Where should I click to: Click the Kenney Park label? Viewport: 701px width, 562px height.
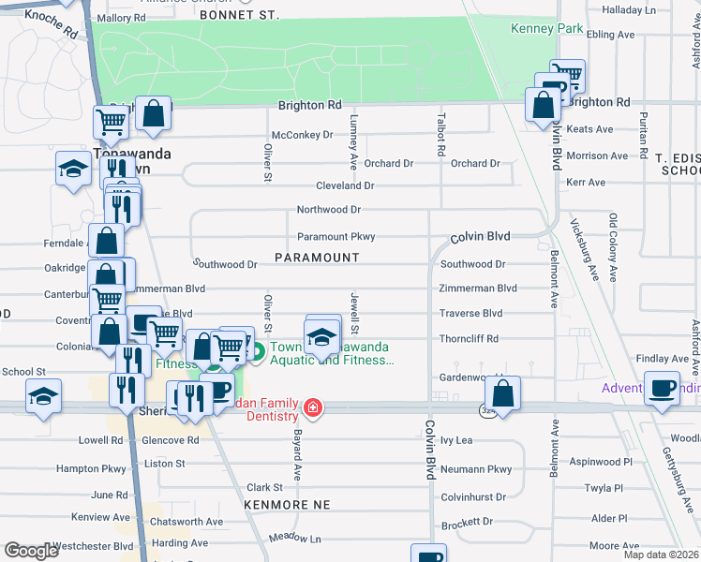click(x=546, y=28)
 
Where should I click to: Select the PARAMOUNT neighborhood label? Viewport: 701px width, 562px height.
click(x=317, y=257)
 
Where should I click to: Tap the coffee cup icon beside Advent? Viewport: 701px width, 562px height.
click(x=663, y=388)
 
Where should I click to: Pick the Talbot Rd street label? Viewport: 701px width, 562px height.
click(x=440, y=136)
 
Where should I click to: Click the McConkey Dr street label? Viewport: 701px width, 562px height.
click(x=303, y=135)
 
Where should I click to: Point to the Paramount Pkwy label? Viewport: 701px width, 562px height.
click(x=336, y=237)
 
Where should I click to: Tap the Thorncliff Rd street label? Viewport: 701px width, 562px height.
click(x=469, y=338)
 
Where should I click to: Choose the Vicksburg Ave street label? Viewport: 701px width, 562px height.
click(x=586, y=249)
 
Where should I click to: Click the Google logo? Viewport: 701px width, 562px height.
click(x=32, y=550)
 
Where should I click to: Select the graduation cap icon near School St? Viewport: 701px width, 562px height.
click(x=43, y=396)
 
